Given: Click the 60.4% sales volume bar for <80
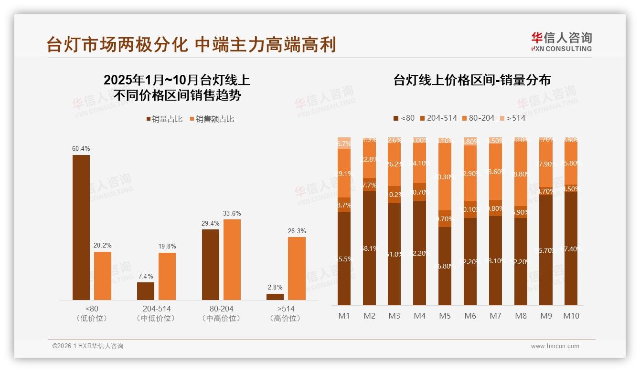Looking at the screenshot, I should click(81, 227).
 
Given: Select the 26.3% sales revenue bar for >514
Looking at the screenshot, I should click(297, 268).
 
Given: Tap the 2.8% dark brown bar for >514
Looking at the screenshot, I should click(275, 297).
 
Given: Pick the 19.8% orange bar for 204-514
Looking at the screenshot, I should click(167, 276).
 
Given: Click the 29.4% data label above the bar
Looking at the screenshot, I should click(211, 223).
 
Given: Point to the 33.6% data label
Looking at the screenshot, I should click(232, 213).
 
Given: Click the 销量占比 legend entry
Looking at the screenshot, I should click(164, 119).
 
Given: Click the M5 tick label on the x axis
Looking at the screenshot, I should click(445, 316).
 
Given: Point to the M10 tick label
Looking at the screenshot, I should click(571, 316).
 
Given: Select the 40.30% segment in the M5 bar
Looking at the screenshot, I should click(445, 177).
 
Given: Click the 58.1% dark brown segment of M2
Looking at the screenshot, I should click(369, 248).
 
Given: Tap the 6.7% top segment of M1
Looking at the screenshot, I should click(344, 143).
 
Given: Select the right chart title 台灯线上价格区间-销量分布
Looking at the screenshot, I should click(472, 80).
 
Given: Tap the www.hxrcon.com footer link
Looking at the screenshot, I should click(555, 346).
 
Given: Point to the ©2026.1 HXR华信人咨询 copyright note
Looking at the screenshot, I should click(88, 346).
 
